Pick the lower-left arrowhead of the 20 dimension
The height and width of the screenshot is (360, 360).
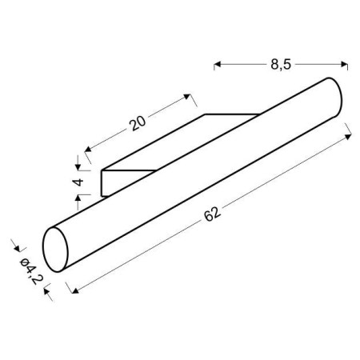[x=86, y=150]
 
